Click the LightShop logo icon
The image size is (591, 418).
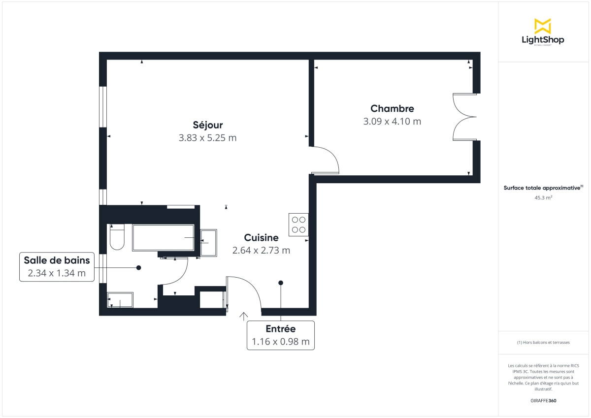542,26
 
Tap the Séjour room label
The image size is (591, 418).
207,125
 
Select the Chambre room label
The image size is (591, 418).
392,108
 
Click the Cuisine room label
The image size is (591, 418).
261,238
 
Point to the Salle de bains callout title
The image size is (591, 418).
57,260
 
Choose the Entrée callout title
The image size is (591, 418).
280,329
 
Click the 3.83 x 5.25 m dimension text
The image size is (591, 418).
207,138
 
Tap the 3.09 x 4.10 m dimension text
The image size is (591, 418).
392,121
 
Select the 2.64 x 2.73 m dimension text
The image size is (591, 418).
261,250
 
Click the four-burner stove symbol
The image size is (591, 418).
298,225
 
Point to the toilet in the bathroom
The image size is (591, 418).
117,237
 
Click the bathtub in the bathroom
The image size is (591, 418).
164,238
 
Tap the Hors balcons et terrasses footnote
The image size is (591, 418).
543,342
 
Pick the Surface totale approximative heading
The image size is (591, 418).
542,188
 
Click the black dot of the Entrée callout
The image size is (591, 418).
281,283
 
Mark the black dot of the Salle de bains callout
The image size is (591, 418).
139,267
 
